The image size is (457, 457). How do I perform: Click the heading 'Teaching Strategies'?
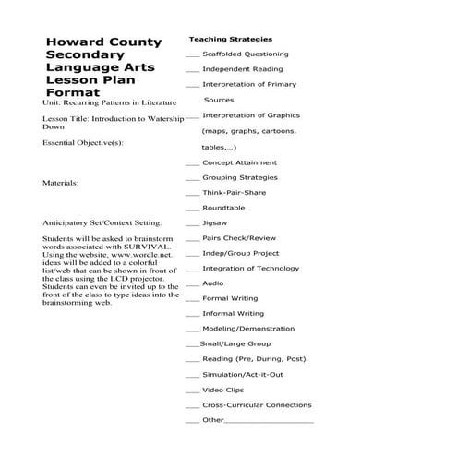[230, 40]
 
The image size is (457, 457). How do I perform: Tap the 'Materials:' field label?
[61, 183]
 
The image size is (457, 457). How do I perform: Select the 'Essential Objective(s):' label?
[82, 143]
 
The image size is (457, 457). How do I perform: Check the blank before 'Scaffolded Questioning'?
[192, 55]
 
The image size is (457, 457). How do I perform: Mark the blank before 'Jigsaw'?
[192, 223]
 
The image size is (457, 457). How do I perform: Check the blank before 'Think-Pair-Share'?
[192, 193]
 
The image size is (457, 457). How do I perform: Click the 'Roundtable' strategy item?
[223, 208]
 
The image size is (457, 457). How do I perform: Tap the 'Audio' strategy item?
[212, 283]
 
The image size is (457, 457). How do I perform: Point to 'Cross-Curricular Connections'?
[257, 404]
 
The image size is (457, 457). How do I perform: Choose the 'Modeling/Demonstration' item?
[243, 329]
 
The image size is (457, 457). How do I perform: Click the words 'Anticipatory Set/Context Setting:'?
[102, 222]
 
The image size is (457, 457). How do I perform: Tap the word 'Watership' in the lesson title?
[159, 119]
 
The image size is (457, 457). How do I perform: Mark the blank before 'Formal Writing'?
[192, 299]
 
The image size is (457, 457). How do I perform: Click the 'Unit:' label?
[52, 103]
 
